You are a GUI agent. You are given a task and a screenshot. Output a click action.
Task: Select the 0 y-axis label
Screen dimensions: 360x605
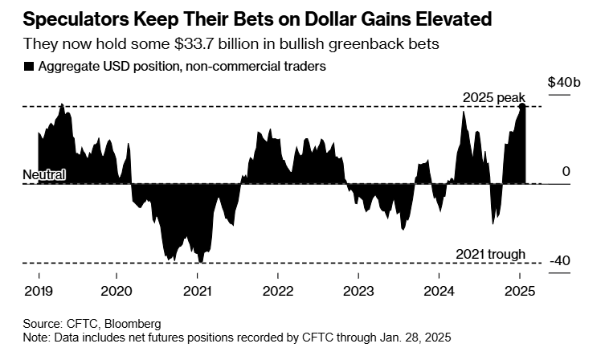(566, 172)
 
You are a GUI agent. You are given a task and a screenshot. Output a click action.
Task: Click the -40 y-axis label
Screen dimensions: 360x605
(559, 261)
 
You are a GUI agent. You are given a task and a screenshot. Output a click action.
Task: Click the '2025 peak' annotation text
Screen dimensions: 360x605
(493, 98)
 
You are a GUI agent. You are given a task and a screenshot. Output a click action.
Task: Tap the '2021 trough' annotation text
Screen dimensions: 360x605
(490, 255)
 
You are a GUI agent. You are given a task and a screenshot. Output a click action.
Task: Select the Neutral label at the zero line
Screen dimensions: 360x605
(43, 174)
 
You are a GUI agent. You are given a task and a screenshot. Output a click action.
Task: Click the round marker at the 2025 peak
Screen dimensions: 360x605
(522, 106)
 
